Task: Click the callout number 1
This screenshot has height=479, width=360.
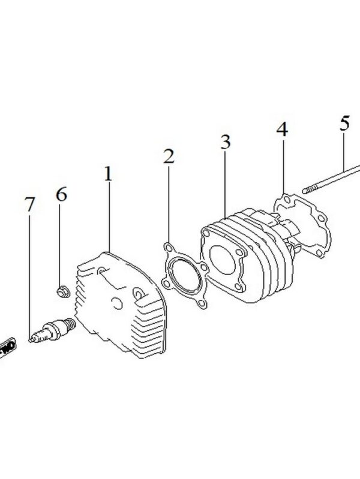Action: coord(108,174)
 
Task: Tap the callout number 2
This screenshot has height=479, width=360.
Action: coord(169,157)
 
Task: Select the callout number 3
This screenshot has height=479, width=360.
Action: coord(225,143)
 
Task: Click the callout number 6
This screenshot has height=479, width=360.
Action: coord(62,195)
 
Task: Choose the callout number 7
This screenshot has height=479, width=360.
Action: coord(29,204)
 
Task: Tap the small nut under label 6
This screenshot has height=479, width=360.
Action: coord(62,292)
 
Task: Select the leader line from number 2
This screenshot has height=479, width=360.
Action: coord(169,204)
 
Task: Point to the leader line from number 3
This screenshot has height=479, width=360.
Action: coord(225,183)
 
